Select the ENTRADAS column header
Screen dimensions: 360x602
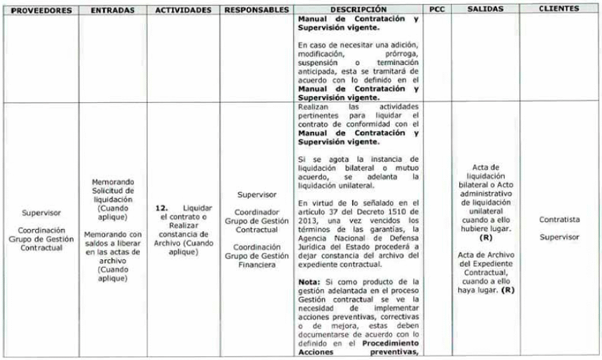coord(112,11)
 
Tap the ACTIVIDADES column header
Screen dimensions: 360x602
coord(183,11)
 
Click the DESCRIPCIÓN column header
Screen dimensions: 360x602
coord(358,10)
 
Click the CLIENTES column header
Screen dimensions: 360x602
coord(559,9)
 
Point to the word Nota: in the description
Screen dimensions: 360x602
coord(309,282)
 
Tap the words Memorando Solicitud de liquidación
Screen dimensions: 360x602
coord(113,191)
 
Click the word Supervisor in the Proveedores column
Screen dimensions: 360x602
coord(41,212)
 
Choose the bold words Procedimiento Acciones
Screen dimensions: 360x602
coord(358,348)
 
